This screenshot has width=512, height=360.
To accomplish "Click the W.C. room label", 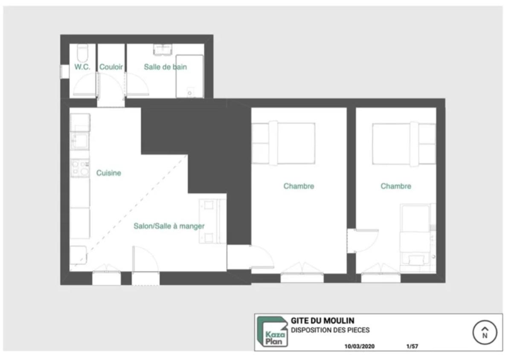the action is coord(82,67).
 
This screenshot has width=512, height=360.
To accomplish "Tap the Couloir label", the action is coord(111,67).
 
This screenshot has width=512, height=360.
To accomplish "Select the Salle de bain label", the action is coord(165,67).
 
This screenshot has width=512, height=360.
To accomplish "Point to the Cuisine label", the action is coord(108,173).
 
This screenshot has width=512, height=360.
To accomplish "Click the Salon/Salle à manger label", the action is coord(169,226).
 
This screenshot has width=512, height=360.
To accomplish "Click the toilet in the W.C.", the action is coord(82,53).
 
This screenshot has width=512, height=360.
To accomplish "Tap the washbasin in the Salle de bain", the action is coord(163,49).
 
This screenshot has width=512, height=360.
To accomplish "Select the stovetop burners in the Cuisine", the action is coord(80,168).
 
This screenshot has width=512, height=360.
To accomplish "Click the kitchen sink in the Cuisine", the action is coord(80,141).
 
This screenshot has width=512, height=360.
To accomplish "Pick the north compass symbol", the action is coord(485,332).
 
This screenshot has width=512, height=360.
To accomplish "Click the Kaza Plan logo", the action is coord(273,332).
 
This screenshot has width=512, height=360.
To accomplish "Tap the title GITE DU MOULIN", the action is coord(323,321).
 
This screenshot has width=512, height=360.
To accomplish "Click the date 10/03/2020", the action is coord(360,346).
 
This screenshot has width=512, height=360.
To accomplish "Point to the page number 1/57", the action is coord(412,346).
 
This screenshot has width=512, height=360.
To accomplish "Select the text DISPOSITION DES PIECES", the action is coord(330,330).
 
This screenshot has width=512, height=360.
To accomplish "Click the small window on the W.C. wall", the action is coord(65,72).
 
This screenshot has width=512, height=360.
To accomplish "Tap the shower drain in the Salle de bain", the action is coord(189,93).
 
